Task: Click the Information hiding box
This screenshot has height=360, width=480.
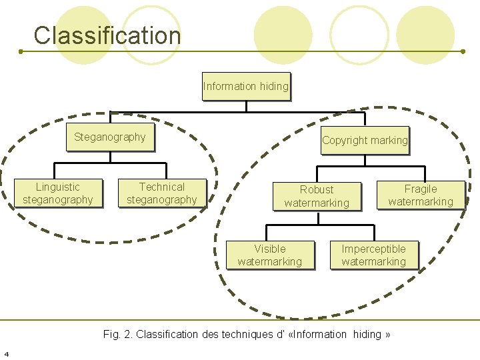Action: pos(246,86)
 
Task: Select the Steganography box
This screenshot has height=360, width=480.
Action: pos(110,137)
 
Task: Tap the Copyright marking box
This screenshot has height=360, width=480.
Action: pos(365,140)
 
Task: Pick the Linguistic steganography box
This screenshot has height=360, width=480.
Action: pos(58,193)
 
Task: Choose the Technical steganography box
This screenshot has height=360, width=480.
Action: pos(162,193)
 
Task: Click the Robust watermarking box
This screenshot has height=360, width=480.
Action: pos(317,196)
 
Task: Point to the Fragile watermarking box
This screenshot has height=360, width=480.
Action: pos(421,195)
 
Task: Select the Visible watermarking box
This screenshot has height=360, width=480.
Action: pos(270,255)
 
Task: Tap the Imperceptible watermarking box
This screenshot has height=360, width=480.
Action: pos(374,255)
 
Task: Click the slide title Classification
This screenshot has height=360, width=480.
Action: pos(107,35)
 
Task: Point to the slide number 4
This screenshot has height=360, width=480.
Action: pos(6,353)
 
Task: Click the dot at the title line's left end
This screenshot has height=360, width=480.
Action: pos(20,51)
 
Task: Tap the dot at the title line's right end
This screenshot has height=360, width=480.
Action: pos(463,51)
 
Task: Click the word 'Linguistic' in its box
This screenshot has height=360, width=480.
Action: pos(58,187)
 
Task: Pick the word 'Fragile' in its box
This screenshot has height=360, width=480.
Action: pos(421,189)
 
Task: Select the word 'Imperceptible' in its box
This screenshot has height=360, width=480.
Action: pos(374,249)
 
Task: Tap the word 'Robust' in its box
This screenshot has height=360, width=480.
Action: pos(317,190)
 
